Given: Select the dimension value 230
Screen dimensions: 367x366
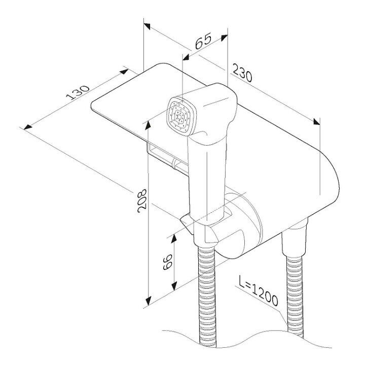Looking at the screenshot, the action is [x=242, y=73].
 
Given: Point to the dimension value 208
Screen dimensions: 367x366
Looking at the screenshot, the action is [x=142, y=201].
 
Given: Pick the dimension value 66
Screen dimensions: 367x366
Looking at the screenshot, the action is [x=168, y=262].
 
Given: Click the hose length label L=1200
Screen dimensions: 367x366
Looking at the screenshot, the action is [x=258, y=291].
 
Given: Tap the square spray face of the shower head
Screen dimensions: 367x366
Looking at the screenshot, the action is [x=182, y=116].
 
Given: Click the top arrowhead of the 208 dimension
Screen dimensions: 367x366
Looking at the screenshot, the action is [x=148, y=125].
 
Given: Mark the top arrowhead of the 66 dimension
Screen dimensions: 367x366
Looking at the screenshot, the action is [x=174, y=239].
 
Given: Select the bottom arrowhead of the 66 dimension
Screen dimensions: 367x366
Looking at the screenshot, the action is [x=174, y=286].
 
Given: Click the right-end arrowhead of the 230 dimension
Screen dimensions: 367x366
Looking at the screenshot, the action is [x=316, y=121].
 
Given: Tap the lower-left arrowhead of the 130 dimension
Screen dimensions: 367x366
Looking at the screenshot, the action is [x=27, y=126].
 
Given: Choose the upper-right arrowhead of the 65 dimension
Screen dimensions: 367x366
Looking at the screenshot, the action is [x=224, y=38].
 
